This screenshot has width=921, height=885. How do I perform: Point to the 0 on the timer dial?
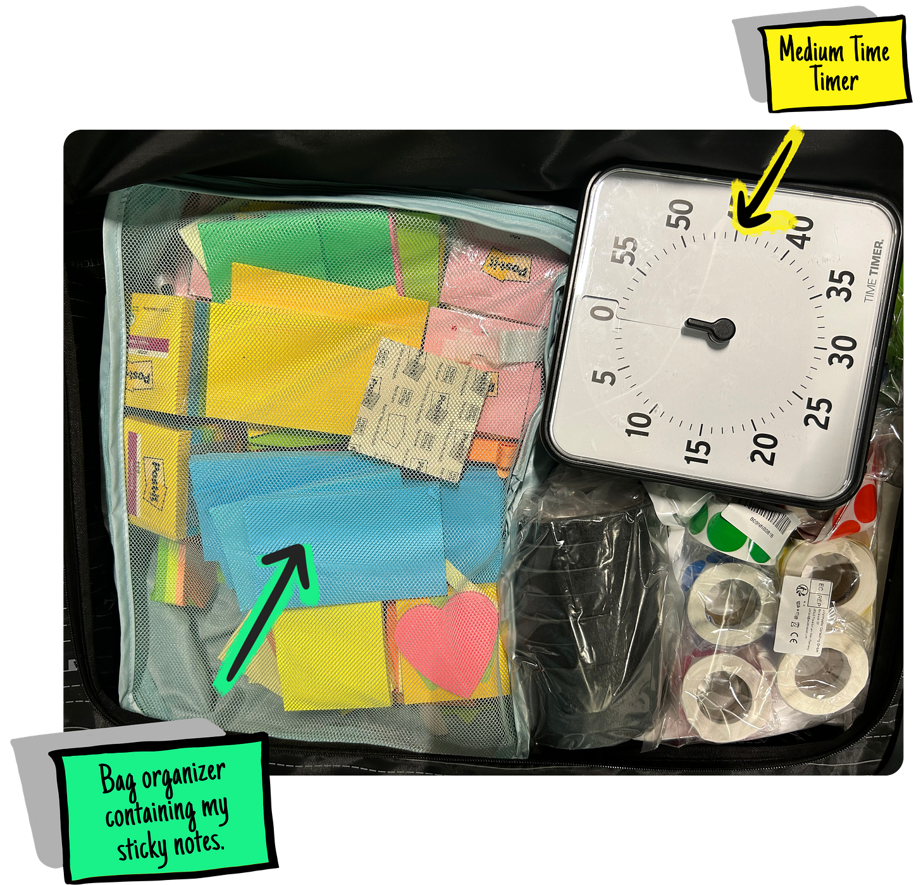click(x=604, y=311)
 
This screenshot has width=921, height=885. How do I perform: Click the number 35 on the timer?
click(x=843, y=285)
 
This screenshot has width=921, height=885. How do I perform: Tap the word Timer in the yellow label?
click(x=834, y=80)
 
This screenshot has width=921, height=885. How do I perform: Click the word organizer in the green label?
click(x=183, y=776)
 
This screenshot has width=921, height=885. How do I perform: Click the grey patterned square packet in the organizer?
click(x=421, y=405)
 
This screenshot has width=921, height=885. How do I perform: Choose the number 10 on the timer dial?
click(x=638, y=423)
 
